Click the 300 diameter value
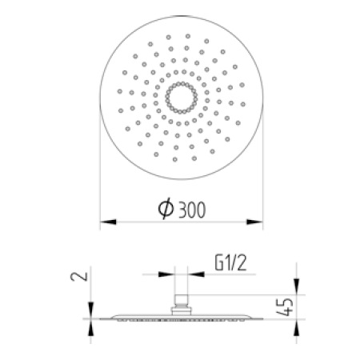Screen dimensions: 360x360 tap(192, 210)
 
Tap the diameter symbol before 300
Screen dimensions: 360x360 tap(166, 208)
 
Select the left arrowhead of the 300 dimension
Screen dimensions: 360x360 tap(108, 222)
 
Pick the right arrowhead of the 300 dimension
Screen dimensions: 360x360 tap(254, 222)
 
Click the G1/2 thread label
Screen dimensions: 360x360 tap(231, 263)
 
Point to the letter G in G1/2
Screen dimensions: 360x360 tap(219, 263)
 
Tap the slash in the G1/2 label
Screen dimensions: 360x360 tap(233, 263)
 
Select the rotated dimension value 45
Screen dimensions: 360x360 tap(285, 307)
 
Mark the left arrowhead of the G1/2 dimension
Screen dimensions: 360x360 tap(166, 274)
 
